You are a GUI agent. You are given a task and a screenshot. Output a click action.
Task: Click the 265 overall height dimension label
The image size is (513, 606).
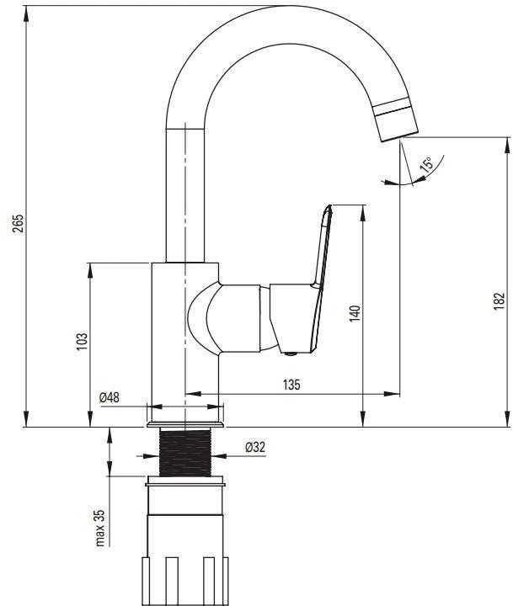tap(18, 223)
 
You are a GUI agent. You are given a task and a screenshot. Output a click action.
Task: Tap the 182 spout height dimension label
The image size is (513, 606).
tap(499, 300)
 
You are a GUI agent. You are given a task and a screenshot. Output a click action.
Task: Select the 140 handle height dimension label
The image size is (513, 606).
tap(355, 313)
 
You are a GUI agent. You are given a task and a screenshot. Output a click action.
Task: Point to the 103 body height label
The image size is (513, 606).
tap(82, 341)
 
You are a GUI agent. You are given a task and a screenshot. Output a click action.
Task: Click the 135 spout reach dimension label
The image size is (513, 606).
tap(291, 385)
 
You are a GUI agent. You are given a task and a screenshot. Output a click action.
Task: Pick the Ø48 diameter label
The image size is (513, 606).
tap(110, 397)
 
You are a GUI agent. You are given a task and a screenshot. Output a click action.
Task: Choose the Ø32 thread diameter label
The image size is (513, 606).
tap(255, 447)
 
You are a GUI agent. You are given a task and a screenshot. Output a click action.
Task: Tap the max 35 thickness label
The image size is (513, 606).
tap(100, 528)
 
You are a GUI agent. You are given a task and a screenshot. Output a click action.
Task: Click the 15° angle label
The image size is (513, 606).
tap(426, 164)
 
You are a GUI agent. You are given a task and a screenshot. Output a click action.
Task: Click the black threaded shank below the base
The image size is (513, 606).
tap(185, 452)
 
